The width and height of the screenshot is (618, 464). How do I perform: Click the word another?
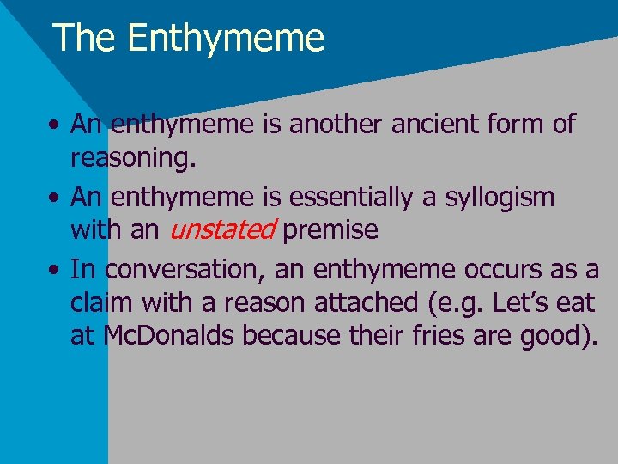tap(337, 125)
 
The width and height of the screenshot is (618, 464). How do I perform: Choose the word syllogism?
tap(500, 197)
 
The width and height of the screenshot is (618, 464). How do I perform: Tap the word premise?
tap(330, 229)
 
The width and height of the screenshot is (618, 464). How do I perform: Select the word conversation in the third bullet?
tap(184, 269)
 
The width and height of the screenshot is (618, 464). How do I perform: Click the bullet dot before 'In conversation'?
tap(54, 270)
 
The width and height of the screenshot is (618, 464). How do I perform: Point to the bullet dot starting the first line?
tap(54, 125)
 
